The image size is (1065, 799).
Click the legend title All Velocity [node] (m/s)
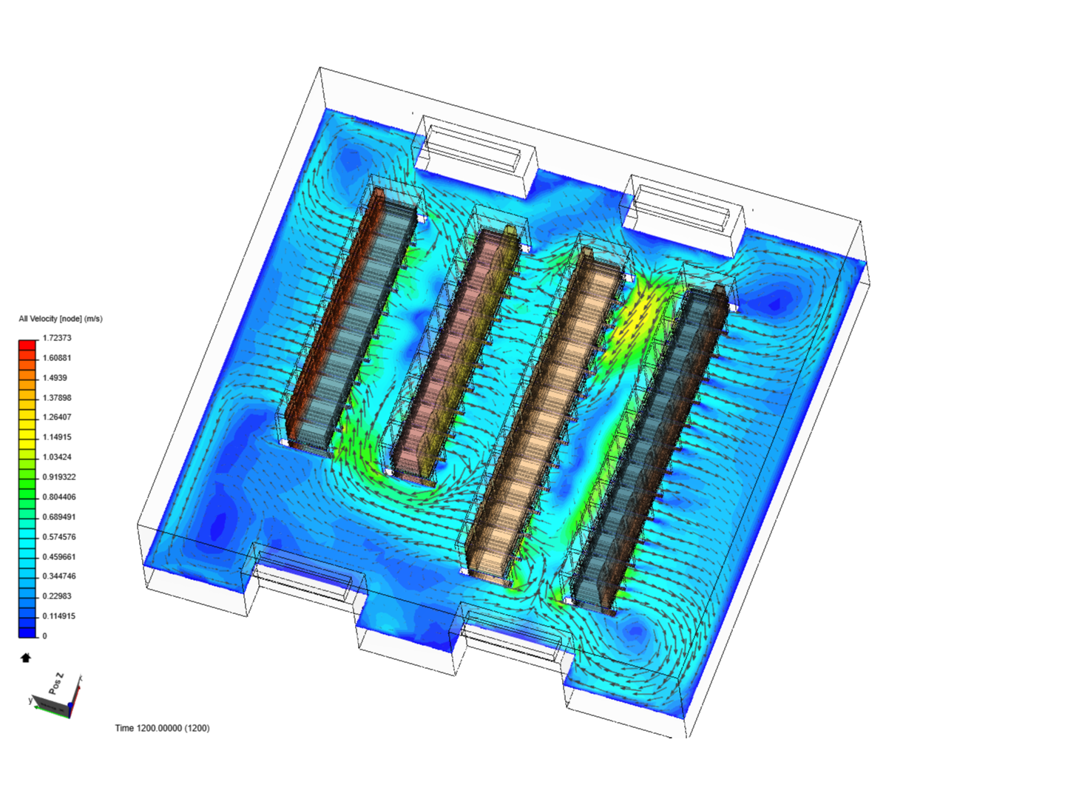pos(61,319)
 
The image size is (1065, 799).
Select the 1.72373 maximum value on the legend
pos(57,338)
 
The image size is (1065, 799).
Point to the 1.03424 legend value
pos(57,457)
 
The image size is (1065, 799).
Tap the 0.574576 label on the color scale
pos(59,537)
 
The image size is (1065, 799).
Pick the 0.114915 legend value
pos(59,616)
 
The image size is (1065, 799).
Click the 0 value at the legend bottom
pos(44,636)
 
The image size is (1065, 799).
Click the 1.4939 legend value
pos(55,378)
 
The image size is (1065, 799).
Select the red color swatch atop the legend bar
pos(27,345)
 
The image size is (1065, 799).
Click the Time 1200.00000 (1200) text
pos(162,728)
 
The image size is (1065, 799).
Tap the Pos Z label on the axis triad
pos(56,684)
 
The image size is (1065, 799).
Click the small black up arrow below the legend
pos(26,658)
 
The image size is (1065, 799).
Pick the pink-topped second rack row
pos(455,351)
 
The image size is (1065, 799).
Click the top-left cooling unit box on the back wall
pos(473,152)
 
